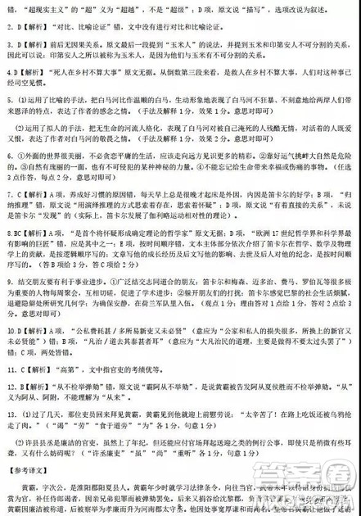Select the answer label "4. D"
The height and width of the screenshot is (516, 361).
(x=11, y=73)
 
